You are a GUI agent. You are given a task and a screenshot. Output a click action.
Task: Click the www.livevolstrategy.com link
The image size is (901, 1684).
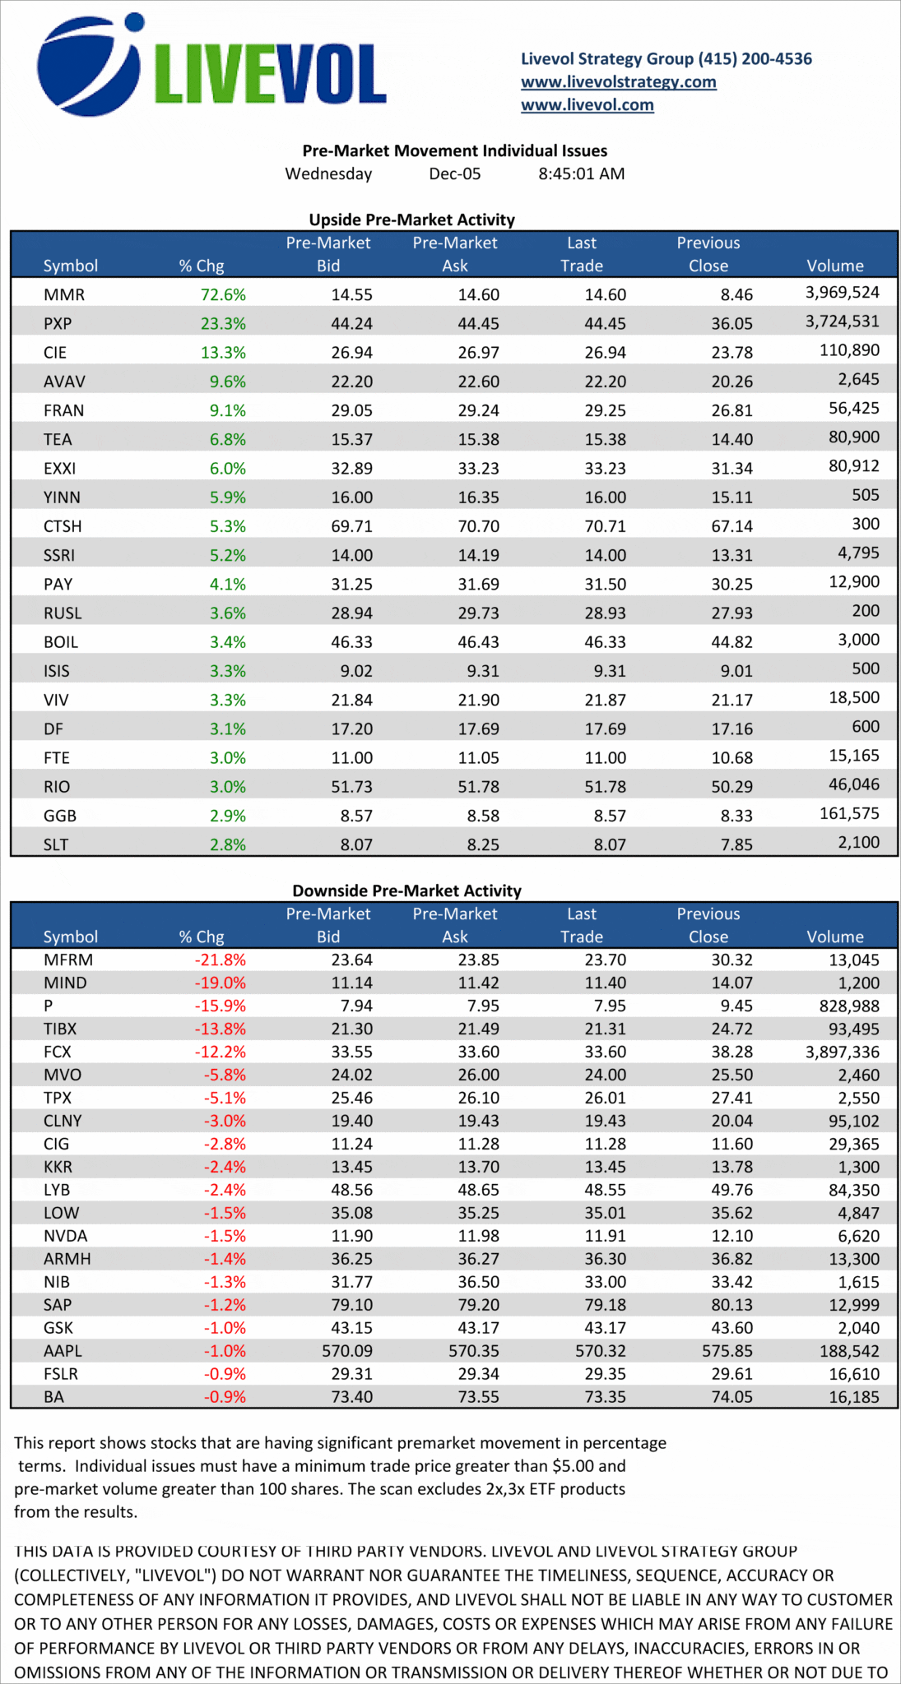618,82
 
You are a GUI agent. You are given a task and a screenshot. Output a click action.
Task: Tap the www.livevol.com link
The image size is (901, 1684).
587,105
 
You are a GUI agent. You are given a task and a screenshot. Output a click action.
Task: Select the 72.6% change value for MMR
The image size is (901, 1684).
223,294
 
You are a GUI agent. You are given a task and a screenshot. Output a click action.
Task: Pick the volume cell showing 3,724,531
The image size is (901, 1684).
842,322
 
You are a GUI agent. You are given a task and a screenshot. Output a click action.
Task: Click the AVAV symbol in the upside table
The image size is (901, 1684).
64,382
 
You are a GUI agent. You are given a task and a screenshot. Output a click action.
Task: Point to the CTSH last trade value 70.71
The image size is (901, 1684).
605,526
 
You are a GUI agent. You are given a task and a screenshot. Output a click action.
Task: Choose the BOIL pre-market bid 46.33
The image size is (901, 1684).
351,642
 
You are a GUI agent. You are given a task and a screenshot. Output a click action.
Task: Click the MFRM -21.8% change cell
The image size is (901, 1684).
220,960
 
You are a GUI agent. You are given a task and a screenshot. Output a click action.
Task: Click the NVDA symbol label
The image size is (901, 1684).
65,1236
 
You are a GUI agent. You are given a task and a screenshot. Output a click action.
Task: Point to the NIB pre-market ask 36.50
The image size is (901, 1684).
478,1282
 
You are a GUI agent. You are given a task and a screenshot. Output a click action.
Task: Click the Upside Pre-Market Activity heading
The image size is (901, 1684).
411,220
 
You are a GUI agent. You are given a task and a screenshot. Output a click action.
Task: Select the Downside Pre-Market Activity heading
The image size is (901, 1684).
406,891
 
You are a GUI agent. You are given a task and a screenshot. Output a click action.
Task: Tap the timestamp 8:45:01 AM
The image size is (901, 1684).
581,174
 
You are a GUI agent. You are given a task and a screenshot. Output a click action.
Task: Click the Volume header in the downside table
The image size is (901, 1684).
835,937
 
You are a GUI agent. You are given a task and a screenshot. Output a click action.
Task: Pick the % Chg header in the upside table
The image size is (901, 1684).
202,266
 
